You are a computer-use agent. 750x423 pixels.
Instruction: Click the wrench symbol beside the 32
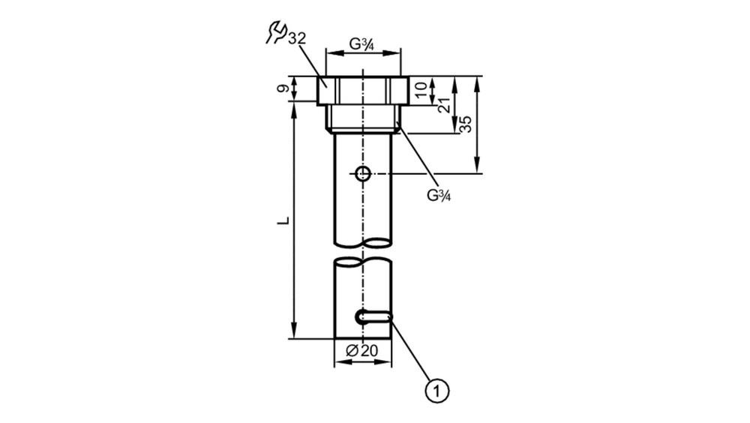pyautogui.click(x=275, y=32)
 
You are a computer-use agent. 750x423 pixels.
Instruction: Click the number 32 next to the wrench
pyautogui.click(x=296, y=38)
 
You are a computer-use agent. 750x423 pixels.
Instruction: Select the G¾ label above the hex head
pyautogui.click(x=361, y=44)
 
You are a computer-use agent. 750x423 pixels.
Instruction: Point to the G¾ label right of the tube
pyautogui.click(x=439, y=195)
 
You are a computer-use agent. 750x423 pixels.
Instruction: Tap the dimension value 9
pyautogui.click(x=283, y=88)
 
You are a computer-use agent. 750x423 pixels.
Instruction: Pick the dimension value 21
pyautogui.click(x=444, y=105)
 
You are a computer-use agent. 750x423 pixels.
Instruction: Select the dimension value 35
pyautogui.click(x=466, y=124)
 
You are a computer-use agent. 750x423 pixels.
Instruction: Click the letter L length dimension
pyautogui.click(x=283, y=220)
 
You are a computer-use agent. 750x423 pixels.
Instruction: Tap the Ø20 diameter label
pyautogui.click(x=361, y=351)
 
